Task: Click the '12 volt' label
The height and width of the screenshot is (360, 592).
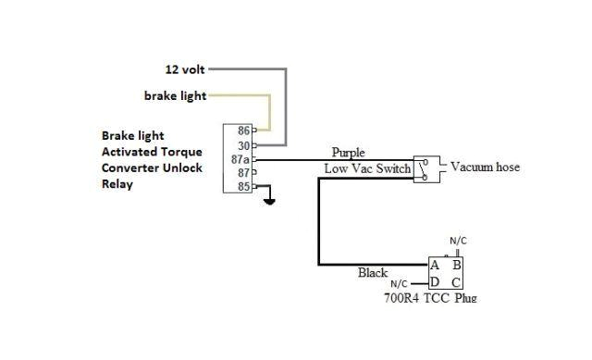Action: (185, 69)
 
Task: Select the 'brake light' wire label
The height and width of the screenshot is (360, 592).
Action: (175, 95)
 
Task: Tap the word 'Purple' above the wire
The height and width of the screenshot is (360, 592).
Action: (348, 153)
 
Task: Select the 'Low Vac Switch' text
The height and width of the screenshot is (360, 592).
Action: (367, 168)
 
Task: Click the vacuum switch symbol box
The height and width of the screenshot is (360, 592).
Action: (423, 168)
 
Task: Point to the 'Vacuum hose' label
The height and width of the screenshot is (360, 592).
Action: (485, 168)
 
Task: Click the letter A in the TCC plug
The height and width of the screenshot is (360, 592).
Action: (435, 265)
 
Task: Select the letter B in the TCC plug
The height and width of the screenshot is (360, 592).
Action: (456, 265)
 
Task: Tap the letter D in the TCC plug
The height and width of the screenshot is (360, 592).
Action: (435, 282)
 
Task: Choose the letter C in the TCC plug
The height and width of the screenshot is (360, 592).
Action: (456, 282)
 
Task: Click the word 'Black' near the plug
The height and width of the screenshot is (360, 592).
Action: (373, 273)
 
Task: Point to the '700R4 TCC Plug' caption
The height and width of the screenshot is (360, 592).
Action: (431, 298)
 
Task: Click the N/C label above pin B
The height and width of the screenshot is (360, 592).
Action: (458, 241)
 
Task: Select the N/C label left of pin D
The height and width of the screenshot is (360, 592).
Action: (399, 284)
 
